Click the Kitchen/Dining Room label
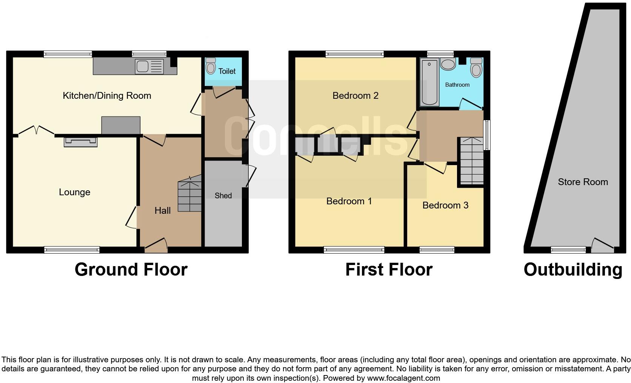point(107,96)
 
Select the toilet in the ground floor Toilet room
point(211,67)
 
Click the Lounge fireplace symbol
point(81,142)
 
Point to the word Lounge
point(74,192)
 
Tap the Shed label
point(223,196)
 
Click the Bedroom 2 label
point(355,96)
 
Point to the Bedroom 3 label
point(445,205)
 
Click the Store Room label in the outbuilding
point(583,182)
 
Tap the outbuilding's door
point(602,246)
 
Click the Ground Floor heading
point(131,270)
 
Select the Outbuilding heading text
point(573,270)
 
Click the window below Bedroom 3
point(437,250)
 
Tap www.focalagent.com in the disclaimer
point(403,378)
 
